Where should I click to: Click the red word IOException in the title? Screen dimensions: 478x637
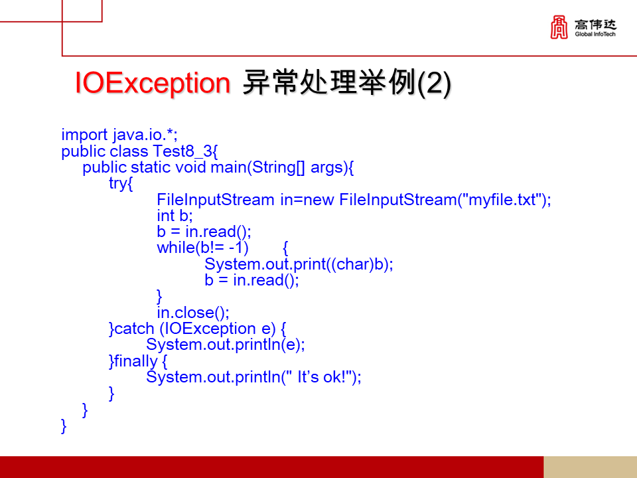tap(152, 84)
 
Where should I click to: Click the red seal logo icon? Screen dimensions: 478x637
tap(559, 28)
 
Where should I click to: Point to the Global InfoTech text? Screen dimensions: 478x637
tap(595, 35)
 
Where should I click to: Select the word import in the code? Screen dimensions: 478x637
tap(84, 135)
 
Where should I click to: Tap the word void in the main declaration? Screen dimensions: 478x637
tap(190, 167)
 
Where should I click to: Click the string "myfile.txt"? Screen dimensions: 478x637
tap(504, 200)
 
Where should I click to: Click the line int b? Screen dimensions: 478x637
tap(175, 216)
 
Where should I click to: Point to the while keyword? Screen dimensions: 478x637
tap(175, 248)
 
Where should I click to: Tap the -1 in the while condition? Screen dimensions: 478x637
tap(237, 248)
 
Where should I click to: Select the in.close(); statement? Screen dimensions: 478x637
tap(192, 313)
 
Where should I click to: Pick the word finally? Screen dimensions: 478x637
tap(136, 361)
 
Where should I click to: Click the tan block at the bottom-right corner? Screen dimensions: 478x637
tap(590, 467)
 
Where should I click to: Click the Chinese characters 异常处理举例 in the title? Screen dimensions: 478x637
tap(325, 84)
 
